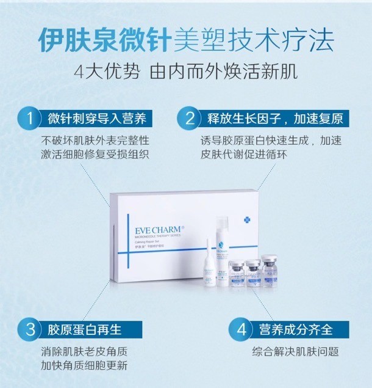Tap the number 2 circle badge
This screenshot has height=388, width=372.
click(x=191, y=117)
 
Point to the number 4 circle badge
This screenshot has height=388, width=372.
click(x=242, y=330)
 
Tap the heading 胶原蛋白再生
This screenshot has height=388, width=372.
click(x=84, y=330)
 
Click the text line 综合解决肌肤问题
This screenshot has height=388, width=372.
click(x=295, y=352)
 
